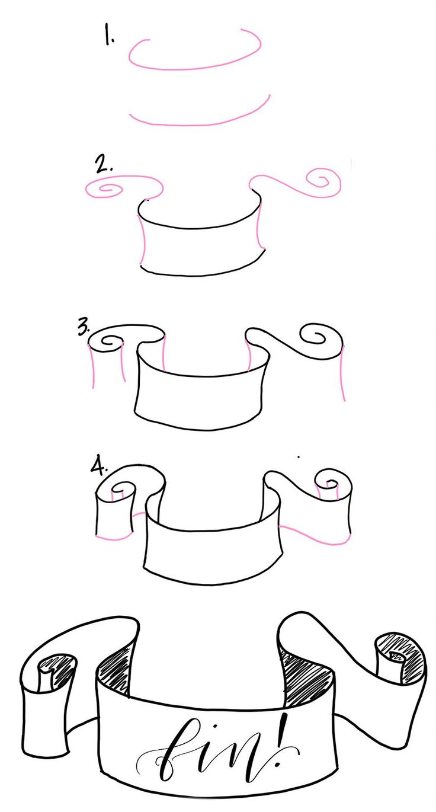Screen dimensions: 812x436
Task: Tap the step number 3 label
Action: point(84,328)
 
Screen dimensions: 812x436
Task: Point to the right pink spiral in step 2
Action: point(323,180)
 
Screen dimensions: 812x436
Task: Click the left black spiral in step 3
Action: point(110,342)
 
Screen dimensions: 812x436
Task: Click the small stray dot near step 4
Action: point(298,457)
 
